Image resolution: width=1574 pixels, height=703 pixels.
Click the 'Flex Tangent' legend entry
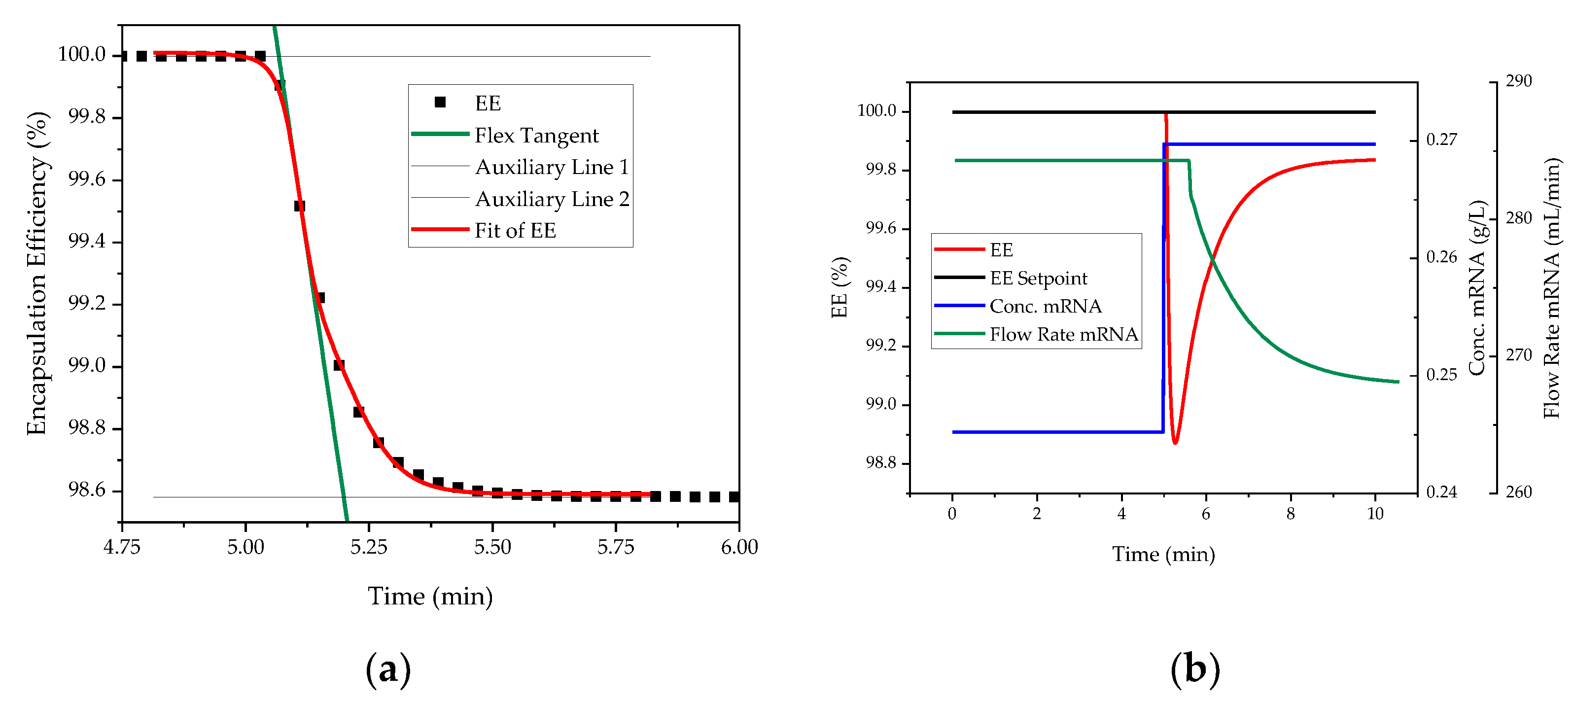coord(536,136)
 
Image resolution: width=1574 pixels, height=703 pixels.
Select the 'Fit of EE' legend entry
coord(515,230)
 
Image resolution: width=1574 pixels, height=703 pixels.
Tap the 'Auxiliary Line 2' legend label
coord(552,199)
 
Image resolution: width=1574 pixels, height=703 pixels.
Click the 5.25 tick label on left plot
coord(368,547)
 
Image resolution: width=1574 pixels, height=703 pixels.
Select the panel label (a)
coord(387,669)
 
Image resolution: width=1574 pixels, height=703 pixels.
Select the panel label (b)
coord(1194,669)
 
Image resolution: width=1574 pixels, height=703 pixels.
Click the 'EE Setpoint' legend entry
coord(1038,278)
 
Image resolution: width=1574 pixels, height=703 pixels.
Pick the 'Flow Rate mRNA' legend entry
coord(1063,334)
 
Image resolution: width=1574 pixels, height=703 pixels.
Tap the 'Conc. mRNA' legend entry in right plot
coord(1046,306)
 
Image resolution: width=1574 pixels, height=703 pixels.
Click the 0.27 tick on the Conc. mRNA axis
coord(1441,140)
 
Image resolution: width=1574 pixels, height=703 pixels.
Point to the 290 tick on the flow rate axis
coord(1518,81)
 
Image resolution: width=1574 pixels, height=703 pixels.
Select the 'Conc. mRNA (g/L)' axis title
coord(1476,287)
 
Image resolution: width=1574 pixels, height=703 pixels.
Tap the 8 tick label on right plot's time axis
coord(1290,514)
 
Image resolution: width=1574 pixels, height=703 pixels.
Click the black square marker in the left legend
coord(440,103)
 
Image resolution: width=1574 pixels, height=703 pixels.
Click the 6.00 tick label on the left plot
coord(739,547)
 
